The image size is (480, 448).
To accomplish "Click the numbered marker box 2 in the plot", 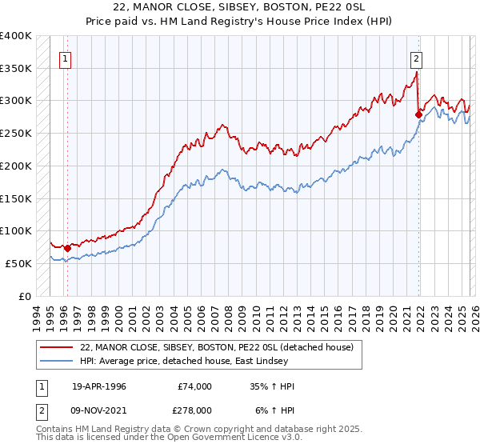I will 417,58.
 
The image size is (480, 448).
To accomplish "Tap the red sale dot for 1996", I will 67,248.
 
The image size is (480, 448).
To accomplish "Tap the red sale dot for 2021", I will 418,114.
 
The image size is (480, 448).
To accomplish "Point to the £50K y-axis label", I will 18,263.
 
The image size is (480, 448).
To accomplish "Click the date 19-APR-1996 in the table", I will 98,386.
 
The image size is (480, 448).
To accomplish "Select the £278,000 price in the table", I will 194,410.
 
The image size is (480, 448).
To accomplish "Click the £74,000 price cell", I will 194,386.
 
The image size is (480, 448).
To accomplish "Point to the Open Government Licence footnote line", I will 170,438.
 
